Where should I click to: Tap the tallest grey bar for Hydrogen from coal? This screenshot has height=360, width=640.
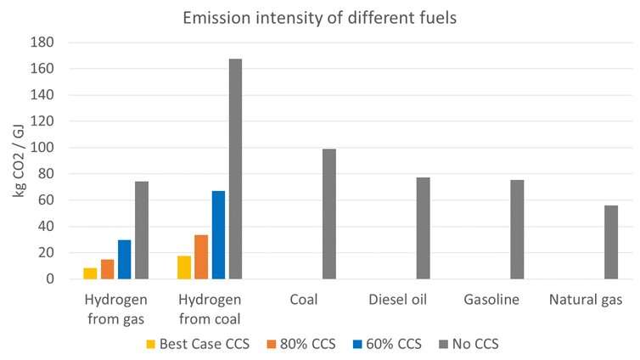[x=235, y=169]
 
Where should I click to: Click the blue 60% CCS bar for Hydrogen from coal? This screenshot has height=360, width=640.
[x=218, y=235]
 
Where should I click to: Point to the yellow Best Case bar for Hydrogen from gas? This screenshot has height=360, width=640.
[x=90, y=273]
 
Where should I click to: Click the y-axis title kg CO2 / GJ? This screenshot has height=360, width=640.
[x=20, y=161]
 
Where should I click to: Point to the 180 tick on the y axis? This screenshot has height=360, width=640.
[x=42, y=42]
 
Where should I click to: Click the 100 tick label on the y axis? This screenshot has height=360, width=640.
[x=42, y=148]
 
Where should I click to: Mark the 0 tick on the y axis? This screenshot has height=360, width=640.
[x=49, y=279]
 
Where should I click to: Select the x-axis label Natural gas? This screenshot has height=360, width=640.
[x=586, y=301]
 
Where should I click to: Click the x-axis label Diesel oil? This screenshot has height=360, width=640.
[x=398, y=301]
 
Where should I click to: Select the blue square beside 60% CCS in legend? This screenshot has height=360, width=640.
[x=366, y=345]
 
